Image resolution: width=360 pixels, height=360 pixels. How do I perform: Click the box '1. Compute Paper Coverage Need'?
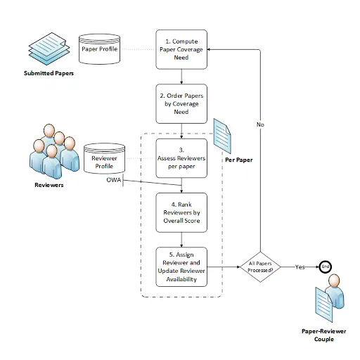coord(182,49)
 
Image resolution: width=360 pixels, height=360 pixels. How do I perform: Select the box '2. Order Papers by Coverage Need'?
coord(182,103)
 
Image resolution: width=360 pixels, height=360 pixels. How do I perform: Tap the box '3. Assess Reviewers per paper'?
coord(182,158)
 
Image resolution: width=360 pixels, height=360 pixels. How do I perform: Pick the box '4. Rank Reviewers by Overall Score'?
coord(182,212)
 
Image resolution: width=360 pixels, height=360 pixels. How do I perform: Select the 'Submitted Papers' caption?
coord(49,73)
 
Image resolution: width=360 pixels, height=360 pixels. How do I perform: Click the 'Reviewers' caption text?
coord(50,186)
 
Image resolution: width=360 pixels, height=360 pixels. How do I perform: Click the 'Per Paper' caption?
coord(238,160)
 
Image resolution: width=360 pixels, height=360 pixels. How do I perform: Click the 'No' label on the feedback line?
coord(260,124)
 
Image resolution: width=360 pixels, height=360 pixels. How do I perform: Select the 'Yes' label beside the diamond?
coord(300,267)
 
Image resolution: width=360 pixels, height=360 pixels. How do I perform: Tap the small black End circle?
coord(326,267)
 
